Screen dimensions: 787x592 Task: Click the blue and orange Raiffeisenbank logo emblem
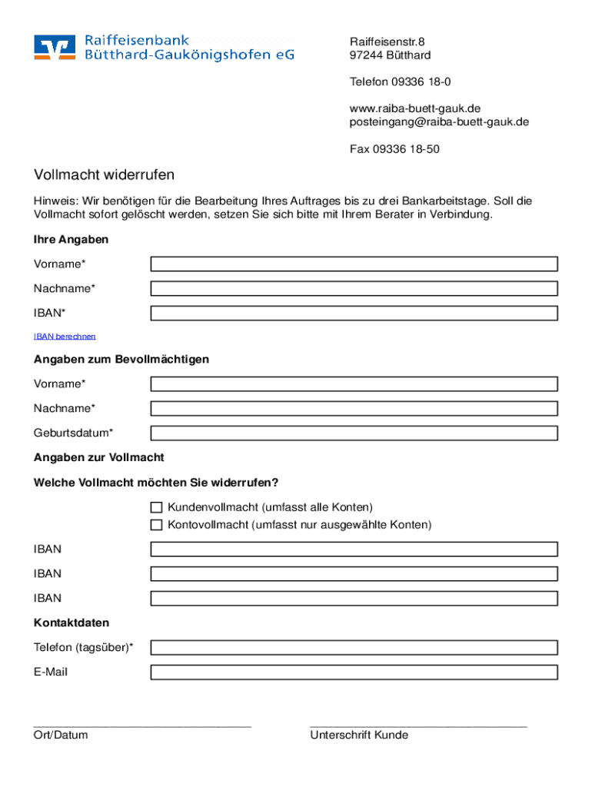[x=55, y=47]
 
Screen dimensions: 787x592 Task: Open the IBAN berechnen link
[x=65, y=337]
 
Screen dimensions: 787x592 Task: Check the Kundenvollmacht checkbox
[x=156, y=507]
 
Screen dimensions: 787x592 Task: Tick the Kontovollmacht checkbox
[x=156, y=525]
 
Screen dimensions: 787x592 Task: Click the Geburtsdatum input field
[x=354, y=433]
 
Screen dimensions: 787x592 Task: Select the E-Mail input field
[x=354, y=672]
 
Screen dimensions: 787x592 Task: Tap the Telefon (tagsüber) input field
[x=354, y=648]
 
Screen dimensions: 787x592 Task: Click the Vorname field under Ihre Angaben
[x=354, y=264]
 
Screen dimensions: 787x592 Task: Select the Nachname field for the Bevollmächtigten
[x=354, y=408]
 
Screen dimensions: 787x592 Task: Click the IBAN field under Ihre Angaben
[x=354, y=314]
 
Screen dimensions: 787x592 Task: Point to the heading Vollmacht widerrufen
[x=104, y=175]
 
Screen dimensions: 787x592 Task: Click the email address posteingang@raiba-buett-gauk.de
[x=439, y=122]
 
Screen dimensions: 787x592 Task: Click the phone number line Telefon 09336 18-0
[x=400, y=81]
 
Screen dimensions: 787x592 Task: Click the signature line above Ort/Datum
[x=142, y=725]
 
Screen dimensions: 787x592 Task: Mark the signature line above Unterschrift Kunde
[x=418, y=725]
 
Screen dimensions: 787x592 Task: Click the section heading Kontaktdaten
[x=72, y=623]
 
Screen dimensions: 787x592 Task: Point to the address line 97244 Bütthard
[x=390, y=55]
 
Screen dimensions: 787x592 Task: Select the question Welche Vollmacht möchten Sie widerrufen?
[x=156, y=483]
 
